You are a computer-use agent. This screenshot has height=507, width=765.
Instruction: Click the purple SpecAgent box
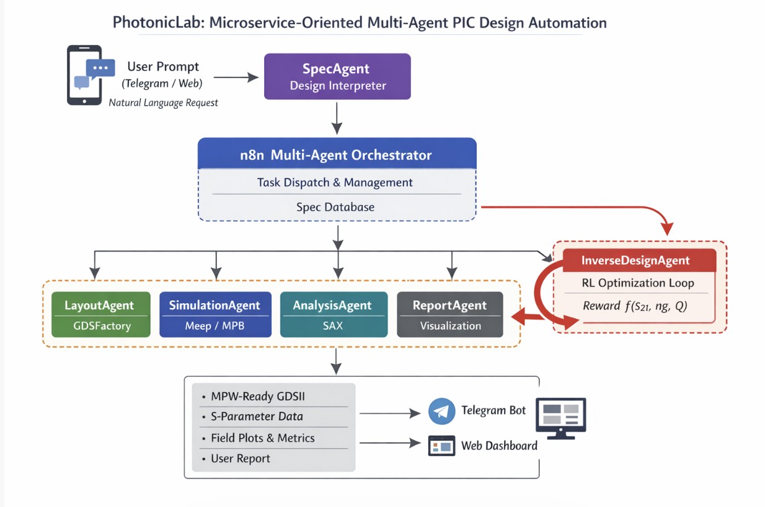[337, 76]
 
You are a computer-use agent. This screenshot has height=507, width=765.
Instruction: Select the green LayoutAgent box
[100, 314]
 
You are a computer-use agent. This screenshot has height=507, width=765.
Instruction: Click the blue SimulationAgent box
[215, 314]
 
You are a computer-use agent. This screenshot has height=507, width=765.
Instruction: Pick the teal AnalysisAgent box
[334, 314]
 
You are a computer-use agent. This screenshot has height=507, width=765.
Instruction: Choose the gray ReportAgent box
[450, 314]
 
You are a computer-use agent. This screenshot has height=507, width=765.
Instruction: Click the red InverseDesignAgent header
[635, 260]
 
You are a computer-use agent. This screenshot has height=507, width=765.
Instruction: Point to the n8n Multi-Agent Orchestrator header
[337, 154]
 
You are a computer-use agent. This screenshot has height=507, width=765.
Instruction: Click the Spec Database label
[335, 207]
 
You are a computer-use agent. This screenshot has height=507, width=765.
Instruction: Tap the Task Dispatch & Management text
[335, 183]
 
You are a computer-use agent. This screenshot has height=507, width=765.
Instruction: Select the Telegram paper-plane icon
[442, 412]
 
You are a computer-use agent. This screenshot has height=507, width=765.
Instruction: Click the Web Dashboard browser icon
[441, 446]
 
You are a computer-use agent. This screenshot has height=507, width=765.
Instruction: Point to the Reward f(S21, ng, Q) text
[635, 306]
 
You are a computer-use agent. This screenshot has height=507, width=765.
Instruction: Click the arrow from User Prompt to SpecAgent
[236, 77]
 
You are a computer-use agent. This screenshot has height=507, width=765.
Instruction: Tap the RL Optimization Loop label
[638, 283]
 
